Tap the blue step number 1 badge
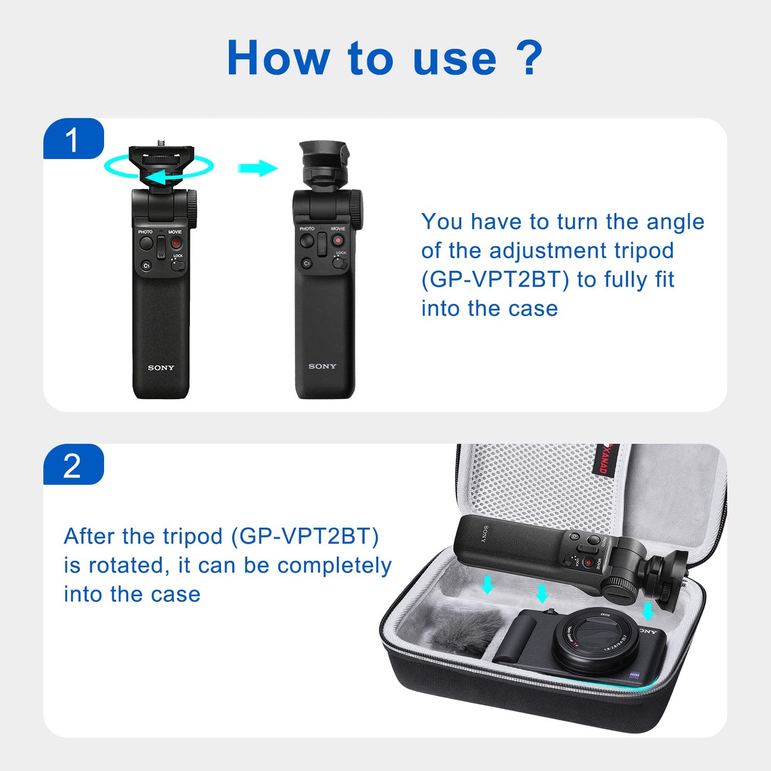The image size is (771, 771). (73, 139)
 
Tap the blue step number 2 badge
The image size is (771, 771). (73, 465)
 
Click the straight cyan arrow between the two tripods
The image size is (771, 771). (257, 168)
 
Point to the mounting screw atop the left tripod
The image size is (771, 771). (161, 142)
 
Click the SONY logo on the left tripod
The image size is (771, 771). (161, 368)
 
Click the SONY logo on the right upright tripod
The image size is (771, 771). (322, 366)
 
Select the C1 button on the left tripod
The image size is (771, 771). (146, 265)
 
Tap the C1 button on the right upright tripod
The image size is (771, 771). (307, 263)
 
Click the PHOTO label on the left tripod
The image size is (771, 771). (145, 232)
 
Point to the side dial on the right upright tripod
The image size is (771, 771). (356, 208)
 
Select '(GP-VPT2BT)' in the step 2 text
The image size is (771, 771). (305, 536)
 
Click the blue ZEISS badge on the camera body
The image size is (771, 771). (634, 675)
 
